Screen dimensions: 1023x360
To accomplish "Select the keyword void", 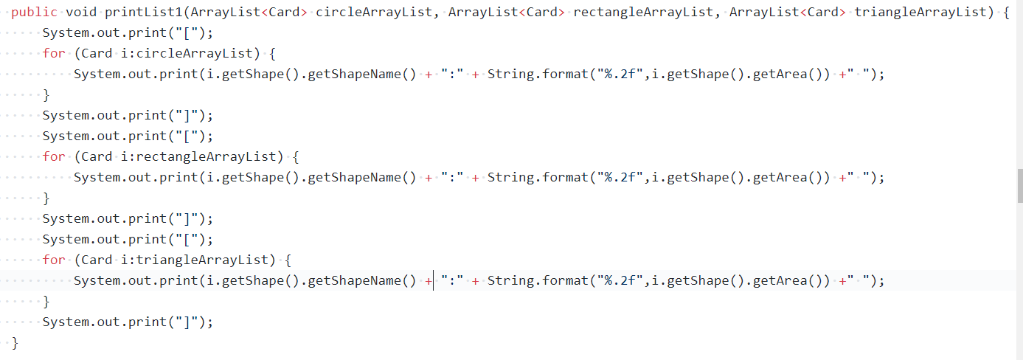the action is (81, 12).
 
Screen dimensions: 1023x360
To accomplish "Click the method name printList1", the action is (143, 12).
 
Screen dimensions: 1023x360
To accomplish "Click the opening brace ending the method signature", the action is (1006, 12).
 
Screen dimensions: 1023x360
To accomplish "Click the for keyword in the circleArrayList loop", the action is (54, 53).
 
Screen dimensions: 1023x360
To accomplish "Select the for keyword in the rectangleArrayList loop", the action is (54, 156).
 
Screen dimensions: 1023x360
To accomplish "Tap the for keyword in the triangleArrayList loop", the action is (54, 260).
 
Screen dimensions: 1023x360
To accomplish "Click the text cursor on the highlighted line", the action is (434, 280).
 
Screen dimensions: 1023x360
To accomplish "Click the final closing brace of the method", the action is (15, 342).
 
